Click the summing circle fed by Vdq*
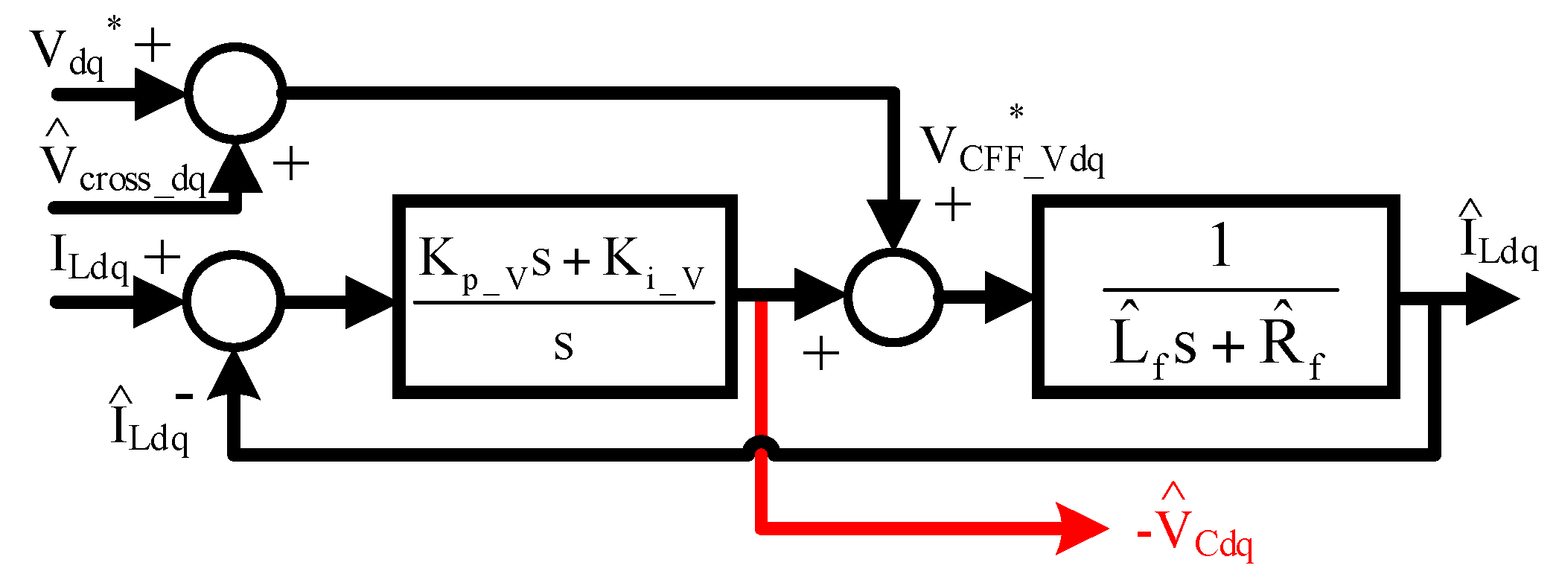pos(235,92)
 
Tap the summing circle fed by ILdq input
pos(234,300)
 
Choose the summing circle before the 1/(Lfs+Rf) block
pos(893,297)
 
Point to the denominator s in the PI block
pos(564,347)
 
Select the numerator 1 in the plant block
pos(1220,246)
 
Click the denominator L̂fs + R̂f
pos(1217,344)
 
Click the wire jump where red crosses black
pos(761,447)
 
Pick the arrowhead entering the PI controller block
pos(369,302)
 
